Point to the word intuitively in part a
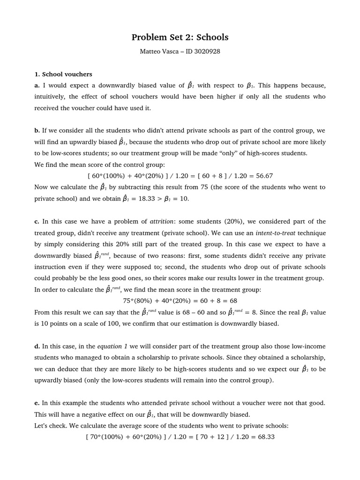click(x=50, y=97)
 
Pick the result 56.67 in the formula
click(x=262, y=176)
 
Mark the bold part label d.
click(x=37, y=346)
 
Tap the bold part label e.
click(x=37, y=403)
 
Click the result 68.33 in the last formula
click(x=264, y=437)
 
